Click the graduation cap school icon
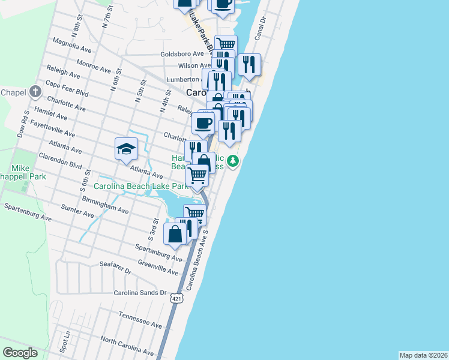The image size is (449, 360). pos(127,148)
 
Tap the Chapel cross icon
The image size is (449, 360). pos(35,92)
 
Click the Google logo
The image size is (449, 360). pos(20,353)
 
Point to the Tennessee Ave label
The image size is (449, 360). pos(140,320)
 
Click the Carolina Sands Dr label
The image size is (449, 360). pos(140,293)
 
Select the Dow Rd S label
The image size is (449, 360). pos(24,124)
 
